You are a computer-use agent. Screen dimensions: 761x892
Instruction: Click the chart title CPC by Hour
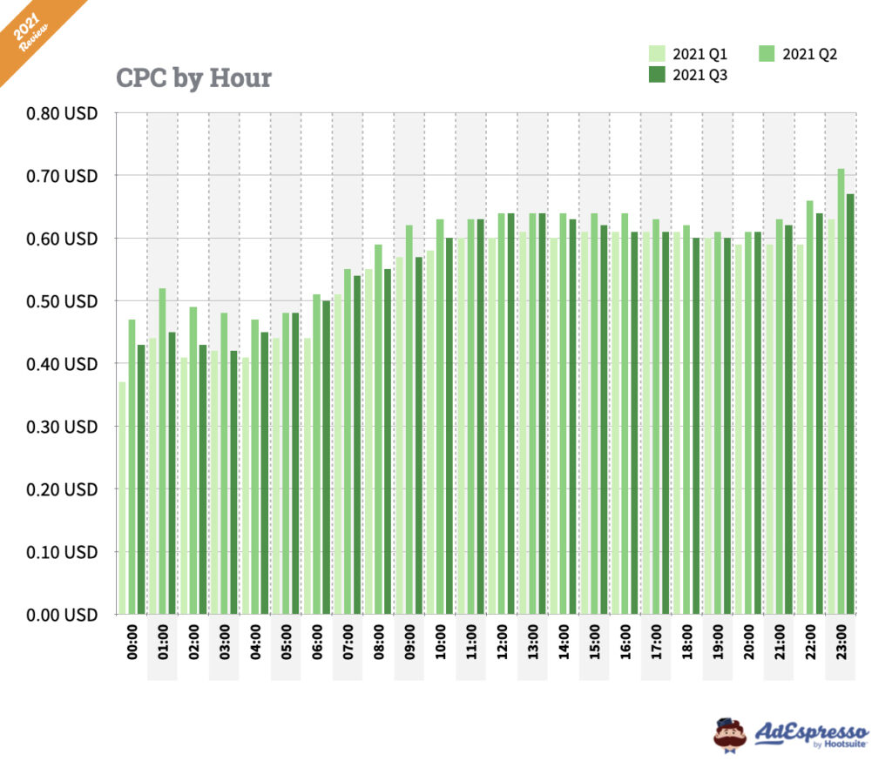[193, 78]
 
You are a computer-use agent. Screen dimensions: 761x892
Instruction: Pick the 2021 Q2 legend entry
[800, 55]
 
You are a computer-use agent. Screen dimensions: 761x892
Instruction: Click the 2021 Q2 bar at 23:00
[841, 392]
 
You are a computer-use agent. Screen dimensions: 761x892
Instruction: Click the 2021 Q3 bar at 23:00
[850, 404]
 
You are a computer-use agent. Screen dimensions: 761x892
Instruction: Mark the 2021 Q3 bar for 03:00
[233, 482]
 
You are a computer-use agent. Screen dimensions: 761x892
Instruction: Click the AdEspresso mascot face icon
[729, 733]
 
